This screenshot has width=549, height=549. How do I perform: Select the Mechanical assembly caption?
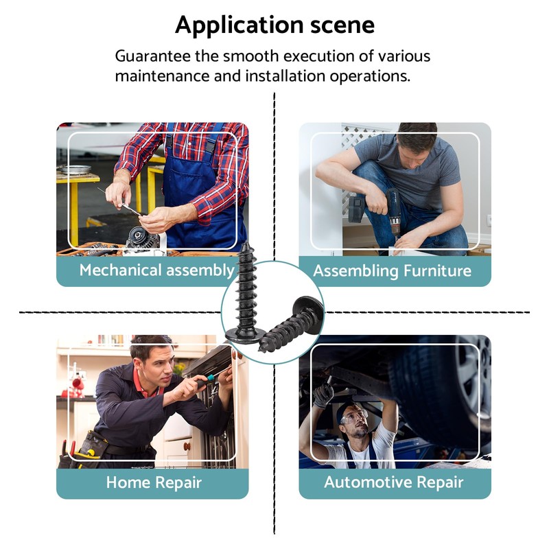click(x=156, y=270)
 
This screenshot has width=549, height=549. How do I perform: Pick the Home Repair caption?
click(x=154, y=482)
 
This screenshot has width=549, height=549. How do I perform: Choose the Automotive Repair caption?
click(x=394, y=482)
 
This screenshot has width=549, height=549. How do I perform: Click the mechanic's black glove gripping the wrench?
click(x=323, y=394)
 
